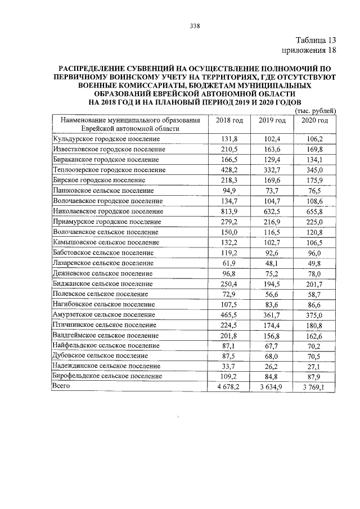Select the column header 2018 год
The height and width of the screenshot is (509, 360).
pos(229,120)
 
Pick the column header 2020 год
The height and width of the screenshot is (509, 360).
pos(314,120)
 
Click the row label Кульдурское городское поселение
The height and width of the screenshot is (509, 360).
pos(107,139)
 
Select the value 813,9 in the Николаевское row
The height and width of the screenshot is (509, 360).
pos(229,211)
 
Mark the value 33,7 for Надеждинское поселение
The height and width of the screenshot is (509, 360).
pos(229,366)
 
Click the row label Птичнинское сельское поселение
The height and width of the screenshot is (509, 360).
pos(104,325)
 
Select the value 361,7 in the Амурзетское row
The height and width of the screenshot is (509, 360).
pos(272,314)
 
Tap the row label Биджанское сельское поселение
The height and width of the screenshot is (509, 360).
pos(102,283)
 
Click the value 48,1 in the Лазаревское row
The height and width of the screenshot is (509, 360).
pos(272,263)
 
